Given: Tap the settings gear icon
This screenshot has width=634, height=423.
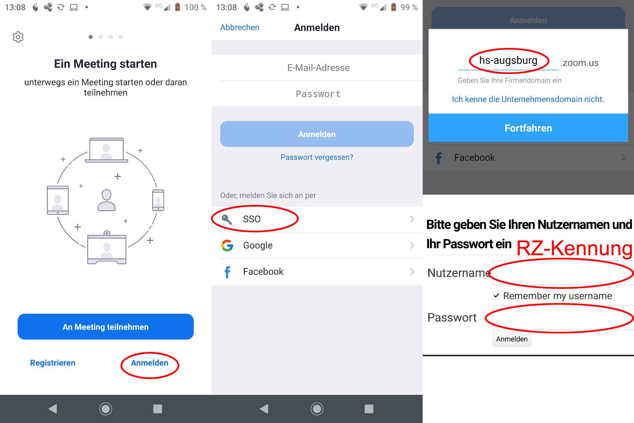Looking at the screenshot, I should click(18, 37).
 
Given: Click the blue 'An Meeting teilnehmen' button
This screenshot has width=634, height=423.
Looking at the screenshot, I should click(106, 327).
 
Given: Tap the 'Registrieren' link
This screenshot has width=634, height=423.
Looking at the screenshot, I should click(53, 363).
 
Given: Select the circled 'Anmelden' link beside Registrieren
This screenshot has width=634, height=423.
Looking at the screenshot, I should click(150, 363).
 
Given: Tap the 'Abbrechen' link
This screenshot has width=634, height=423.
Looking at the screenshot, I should click(240, 27).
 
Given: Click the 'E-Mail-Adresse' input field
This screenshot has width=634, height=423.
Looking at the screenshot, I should click(318, 68).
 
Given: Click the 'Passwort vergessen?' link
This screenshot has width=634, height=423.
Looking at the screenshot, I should click(317, 157).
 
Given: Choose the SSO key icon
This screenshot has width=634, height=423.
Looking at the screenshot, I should click(227, 219).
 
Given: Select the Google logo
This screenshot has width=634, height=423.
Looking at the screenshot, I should click(227, 246).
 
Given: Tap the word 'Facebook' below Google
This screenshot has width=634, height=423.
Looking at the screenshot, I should click(263, 272).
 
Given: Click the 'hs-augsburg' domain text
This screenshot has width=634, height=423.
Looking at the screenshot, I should click(508, 60).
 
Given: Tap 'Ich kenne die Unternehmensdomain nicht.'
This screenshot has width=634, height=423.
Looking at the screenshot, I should click(528, 99).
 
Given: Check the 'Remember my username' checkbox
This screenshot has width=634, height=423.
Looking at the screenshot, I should click(496, 295).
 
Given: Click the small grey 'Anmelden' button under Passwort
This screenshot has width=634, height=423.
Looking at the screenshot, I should click(511, 339).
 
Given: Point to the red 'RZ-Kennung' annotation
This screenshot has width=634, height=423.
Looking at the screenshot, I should click(574, 248).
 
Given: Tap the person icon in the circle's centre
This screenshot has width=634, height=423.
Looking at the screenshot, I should click(106, 200).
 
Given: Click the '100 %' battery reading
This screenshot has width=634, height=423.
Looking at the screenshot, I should click(195, 7).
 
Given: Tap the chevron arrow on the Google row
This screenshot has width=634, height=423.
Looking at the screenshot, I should click(412, 246).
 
